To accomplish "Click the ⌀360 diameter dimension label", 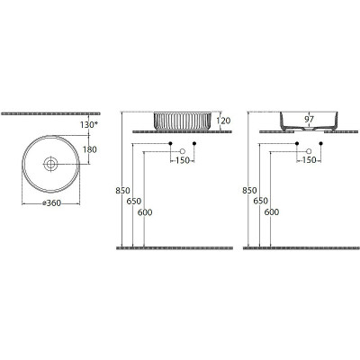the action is tap(51, 203).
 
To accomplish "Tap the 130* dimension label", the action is tap(89, 125).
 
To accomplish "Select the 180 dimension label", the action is tap(90, 149).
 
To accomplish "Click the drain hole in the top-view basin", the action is tap(50, 164).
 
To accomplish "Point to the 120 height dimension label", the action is tap(223, 121).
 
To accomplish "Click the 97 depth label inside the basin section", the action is tap(309, 119).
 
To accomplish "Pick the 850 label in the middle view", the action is tap(122, 191).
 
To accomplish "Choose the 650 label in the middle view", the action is tap(134, 202).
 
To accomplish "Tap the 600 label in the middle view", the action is tap(145, 212).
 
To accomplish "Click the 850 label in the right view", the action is tap(249, 191).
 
